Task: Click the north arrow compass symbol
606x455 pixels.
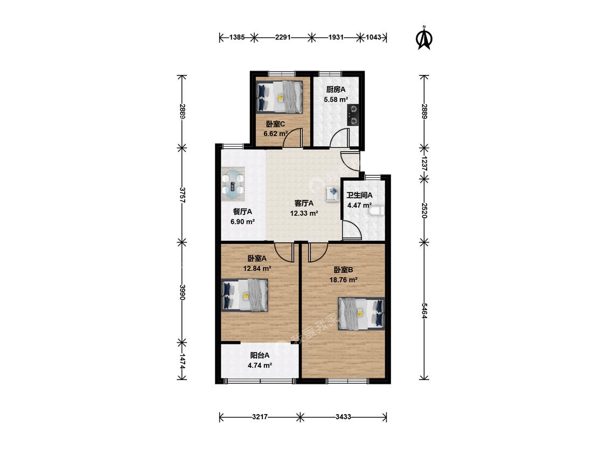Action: click(424, 38)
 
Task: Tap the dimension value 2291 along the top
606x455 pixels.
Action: click(283, 38)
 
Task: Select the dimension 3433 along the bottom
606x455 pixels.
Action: click(343, 417)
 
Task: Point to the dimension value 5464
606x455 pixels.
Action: click(424, 311)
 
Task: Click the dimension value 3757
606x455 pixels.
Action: click(183, 195)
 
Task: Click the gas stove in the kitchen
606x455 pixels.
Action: click(353, 115)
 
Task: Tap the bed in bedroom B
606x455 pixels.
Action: click(361, 313)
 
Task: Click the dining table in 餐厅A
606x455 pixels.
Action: click(233, 184)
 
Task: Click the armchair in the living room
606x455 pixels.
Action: click(332, 194)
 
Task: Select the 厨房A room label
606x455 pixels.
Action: click(336, 90)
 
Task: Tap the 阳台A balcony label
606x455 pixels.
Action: click(260, 355)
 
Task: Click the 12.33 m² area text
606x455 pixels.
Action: click(304, 213)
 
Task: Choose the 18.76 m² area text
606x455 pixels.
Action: click(343, 280)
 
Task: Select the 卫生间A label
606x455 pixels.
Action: click(359, 195)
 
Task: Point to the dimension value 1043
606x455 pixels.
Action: click(373, 38)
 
